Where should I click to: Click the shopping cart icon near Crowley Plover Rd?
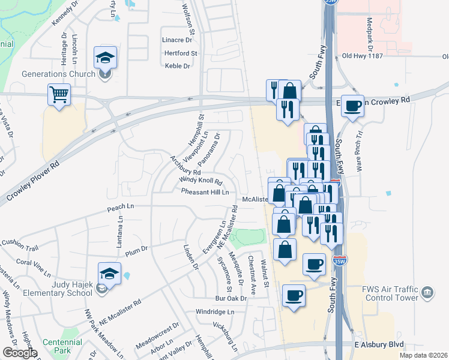[x=59, y=94]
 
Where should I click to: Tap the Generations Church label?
[x=58, y=74]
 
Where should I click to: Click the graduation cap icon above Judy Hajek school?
[x=110, y=273]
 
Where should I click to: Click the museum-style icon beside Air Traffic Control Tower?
[x=427, y=293]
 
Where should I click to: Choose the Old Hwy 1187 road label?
[x=363, y=56]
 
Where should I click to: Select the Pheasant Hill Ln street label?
[x=205, y=192]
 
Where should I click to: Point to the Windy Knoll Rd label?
[x=200, y=181]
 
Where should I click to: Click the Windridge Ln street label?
[x=215, y=312]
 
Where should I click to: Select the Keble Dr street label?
[x=177, y=66]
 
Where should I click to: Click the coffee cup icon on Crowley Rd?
[x=353, y=105]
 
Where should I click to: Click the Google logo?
[x=19, y=353]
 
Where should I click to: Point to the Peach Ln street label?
[x=120, y=206]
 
